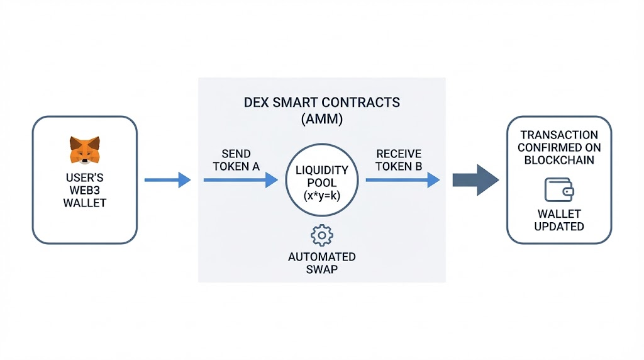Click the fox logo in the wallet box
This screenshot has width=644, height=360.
(84, 149)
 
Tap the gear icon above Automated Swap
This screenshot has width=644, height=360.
(322, 235)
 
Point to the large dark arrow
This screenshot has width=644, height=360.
(475, 181)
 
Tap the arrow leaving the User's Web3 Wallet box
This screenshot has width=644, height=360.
(167, 181)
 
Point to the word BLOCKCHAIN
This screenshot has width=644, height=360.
(558, 161)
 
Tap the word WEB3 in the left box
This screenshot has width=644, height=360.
(84, 191)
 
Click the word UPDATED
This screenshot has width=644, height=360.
(558, 227)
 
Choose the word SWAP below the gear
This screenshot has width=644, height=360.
(322, 270)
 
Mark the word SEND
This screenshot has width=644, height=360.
(236, 154)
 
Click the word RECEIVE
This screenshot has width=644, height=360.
(399, 154)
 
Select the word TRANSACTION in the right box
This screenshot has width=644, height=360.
(558, 135)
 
